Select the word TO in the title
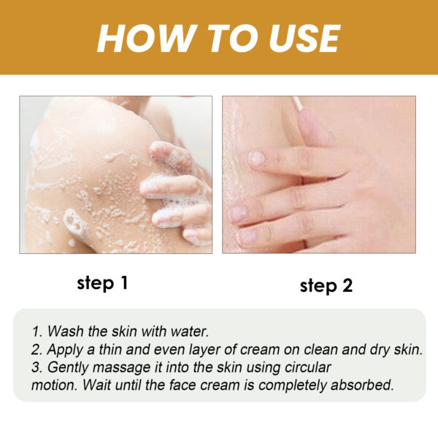[x=219, y=38]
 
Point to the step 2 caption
[x=326, y=285]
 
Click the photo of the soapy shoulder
[x=115, y=174]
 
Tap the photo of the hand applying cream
[x=318, y=174]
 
